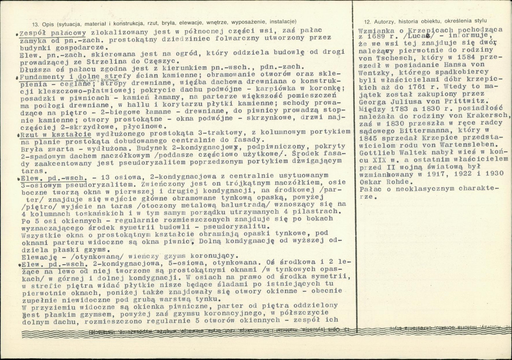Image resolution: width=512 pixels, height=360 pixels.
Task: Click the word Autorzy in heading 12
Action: click(x=383, y=21)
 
